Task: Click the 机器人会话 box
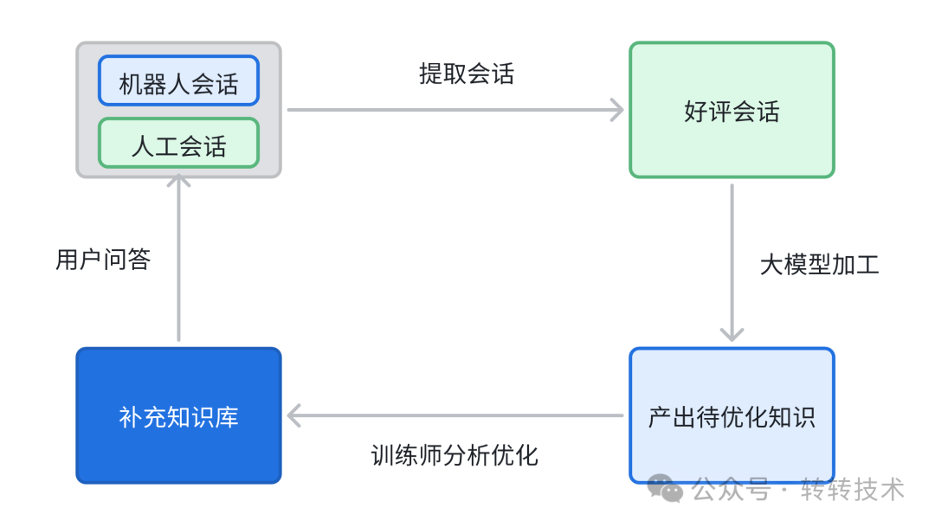pos(178,83)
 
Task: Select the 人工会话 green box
pos(178,144)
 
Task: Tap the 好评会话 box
pos(732,111)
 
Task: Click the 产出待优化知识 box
pos(732,416)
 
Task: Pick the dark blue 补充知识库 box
pos(178,416)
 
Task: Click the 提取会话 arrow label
pos(467,74)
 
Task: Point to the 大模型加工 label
pos(819,264)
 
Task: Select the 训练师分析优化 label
pos(455,454)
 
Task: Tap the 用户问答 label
pos(103,259)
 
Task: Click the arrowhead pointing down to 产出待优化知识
pos(732,334)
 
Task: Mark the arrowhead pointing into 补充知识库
pos(295,416)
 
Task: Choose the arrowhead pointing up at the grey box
pos(178,183)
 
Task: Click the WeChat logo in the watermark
pos(667,489)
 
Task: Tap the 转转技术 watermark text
pos(853,490)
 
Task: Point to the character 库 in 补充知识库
pos(227,417)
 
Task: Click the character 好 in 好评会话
pos(696,112)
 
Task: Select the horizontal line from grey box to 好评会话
pos(450,110)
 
